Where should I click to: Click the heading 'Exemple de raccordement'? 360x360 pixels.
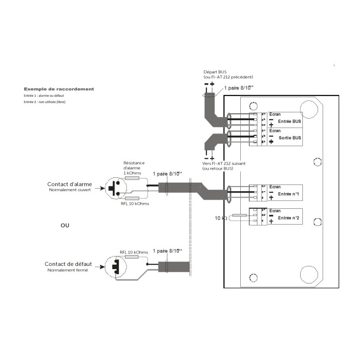(x=59, y=89)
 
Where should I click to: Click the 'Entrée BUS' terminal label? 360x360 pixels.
(x=290, y=121)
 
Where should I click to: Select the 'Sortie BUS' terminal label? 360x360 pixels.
(x=290, y=138)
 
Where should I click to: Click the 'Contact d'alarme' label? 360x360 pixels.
(x=70, y=184)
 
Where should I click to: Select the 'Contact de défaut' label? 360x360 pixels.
(x=68, y=264)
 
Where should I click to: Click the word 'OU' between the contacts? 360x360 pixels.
(x=65, y=225)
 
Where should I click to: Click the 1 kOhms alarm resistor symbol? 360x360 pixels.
(x=132, y=179)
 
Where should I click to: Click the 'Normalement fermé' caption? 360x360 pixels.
(x=67, y=270)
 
